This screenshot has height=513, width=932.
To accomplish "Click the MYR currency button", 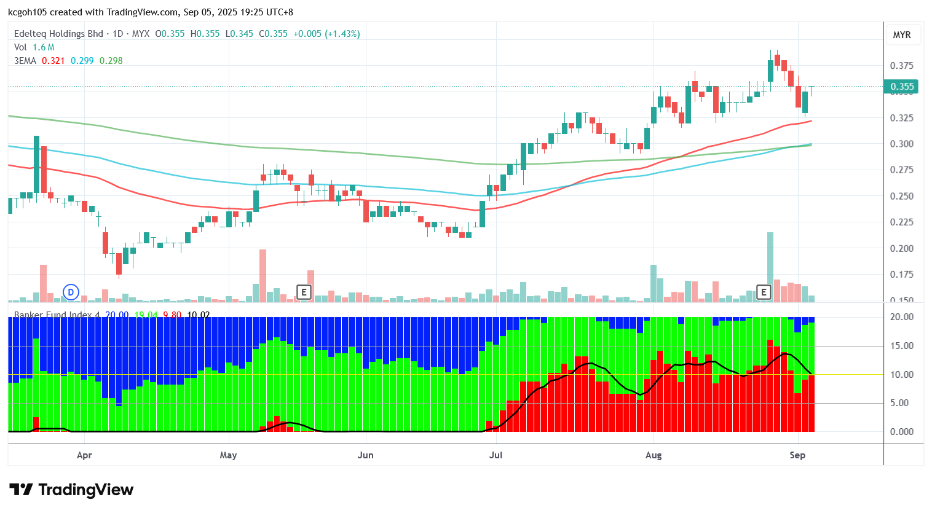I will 902,35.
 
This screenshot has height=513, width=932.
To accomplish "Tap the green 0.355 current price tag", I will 902,87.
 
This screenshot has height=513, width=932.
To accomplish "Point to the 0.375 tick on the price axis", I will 902,66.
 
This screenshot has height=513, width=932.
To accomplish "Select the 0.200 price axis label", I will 902,249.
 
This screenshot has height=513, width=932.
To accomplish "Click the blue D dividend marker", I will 71,292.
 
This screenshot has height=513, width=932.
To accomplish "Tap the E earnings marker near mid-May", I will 304,292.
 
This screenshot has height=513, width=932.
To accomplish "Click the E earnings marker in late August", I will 764,292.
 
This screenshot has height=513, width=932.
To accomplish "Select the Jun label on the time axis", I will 366,455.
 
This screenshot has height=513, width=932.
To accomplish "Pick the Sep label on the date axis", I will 797,455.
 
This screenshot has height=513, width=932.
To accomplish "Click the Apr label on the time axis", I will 84,455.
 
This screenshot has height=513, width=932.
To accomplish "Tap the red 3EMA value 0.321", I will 53,61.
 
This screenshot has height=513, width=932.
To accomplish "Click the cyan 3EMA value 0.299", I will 82,61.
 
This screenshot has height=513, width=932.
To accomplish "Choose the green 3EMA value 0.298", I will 111,61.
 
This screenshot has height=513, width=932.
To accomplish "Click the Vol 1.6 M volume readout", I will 34,47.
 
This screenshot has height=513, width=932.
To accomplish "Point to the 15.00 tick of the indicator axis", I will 902,346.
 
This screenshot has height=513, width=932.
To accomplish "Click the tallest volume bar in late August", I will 770,267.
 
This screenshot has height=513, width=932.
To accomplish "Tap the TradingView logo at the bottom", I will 71,490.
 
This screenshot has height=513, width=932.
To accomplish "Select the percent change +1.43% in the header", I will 342,34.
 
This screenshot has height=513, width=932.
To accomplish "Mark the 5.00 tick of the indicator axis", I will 902,403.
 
